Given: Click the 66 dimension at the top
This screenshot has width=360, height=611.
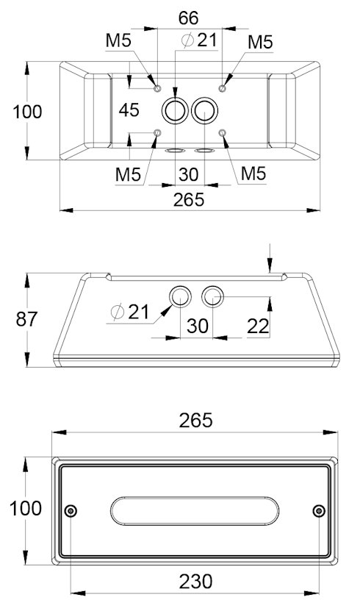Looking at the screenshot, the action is [188, 18].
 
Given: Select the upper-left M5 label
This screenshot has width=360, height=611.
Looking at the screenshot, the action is [119, 40].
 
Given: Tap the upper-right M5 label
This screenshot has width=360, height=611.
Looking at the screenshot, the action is [261, 42].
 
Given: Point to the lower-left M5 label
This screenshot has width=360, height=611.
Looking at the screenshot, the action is [128, 174].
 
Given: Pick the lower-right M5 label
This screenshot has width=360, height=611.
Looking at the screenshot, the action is [253, 174].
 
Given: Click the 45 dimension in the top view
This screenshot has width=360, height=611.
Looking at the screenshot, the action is [129, 110].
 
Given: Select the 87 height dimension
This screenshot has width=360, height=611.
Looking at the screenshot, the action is [26, 319].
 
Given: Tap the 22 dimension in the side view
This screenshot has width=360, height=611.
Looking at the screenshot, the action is [258, 326].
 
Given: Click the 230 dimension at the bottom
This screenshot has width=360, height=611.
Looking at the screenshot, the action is [195, 582].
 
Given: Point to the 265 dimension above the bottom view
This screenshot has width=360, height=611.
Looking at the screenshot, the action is [195, 421].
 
